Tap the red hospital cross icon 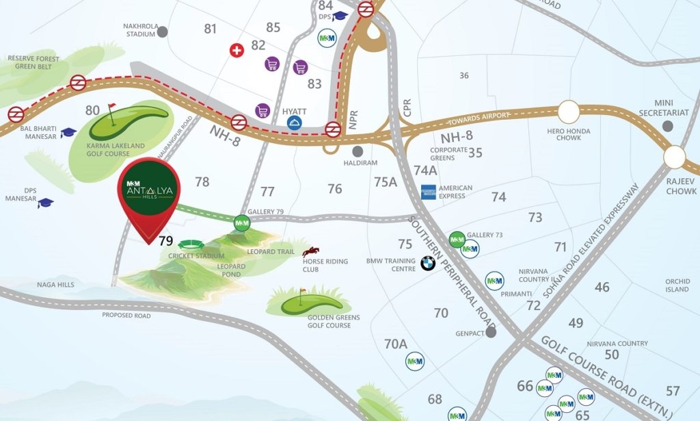coord(237,51)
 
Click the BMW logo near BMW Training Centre coord(428,263)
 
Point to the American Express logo coord(429,192)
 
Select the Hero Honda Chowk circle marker coord(569,111)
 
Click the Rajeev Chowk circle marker coord(674,157)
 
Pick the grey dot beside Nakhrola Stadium coord(163,31)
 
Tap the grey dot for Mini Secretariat coord(668,126)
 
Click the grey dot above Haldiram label coord(356,151)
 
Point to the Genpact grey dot coord(491,332)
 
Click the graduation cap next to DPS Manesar coord(46,203)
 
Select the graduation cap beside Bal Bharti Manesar coord(68,133)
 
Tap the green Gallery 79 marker coord(242,222)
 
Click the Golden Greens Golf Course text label coord(334,322)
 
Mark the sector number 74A coord(425,170)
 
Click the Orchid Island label coord(677,285)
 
